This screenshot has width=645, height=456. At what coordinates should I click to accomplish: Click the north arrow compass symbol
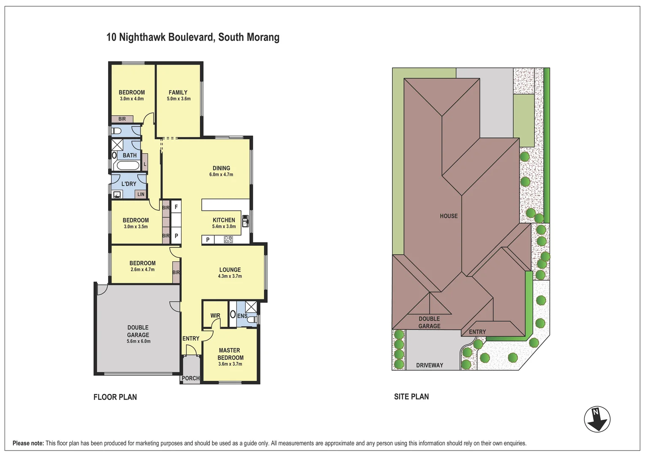point(597,419)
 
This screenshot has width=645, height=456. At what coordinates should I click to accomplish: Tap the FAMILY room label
point(178,92)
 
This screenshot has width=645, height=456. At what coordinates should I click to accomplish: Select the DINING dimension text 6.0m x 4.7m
point(221,174)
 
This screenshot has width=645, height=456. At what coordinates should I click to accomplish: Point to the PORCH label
point(191,378)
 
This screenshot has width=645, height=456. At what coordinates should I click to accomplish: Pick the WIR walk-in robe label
point(215,315)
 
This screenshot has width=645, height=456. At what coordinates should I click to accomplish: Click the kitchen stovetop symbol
point(228,239)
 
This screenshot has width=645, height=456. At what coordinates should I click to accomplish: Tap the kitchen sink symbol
point(245,221)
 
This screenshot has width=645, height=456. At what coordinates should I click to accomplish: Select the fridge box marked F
point(176,207)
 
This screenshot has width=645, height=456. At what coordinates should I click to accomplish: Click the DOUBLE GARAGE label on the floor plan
point(138,331)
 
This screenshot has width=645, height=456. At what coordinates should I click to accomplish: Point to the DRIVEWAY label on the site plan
point(429,365)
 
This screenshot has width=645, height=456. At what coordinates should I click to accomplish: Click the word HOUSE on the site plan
point(449,216)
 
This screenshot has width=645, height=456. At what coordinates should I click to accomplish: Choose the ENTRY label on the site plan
point(477,332)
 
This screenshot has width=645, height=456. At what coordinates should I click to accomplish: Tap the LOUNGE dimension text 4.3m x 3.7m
point(230,276)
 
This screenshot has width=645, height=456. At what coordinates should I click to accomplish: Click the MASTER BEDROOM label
point(230,354)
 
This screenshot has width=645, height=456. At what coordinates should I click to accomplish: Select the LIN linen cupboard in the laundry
point(141,195)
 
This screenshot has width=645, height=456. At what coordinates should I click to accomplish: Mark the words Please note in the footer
point(28,443)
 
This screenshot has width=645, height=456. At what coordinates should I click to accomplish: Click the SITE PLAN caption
point(411,396)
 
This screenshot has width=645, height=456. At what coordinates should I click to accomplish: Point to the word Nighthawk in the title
point(142,38)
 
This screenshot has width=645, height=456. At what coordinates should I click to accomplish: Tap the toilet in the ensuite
point(253,319)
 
